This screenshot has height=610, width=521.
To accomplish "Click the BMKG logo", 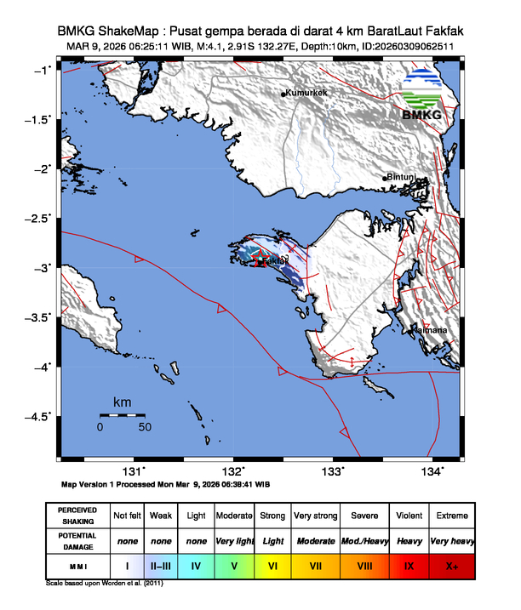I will [x=427, y=95].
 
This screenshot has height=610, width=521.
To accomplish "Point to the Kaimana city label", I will [x=431, y=329].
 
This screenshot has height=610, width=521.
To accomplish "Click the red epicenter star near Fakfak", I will [x=262, y=263].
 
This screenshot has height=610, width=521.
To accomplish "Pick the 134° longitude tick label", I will [x=432, y=471].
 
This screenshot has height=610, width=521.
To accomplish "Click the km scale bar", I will [x=122, y=414].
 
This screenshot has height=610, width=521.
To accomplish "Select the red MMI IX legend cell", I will [x=409, y=564].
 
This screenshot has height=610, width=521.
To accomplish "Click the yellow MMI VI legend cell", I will [x=272, y=564].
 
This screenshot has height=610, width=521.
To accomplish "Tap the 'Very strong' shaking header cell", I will [x=315, y=516].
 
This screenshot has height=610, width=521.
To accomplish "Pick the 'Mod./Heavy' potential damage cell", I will [x=363, y=540].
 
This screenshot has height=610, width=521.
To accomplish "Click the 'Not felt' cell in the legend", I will [x=127, y=516].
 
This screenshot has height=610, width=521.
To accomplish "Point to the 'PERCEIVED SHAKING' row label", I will [x=77, y=516].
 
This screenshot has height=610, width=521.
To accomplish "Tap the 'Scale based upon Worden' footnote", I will [x=102, y=584].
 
